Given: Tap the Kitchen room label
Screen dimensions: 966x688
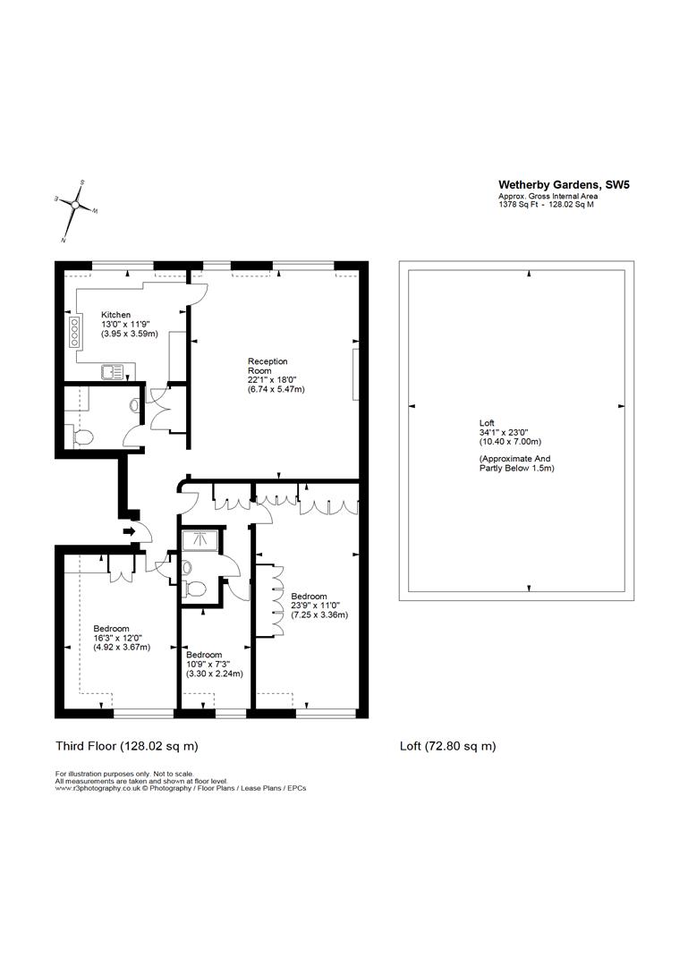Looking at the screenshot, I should coord(115,315).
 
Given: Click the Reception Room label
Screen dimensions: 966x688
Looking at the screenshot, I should coord(268,366).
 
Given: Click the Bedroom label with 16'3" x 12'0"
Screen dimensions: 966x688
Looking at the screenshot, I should coord(111,628).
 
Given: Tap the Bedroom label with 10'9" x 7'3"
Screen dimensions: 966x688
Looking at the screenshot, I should coord(204,655).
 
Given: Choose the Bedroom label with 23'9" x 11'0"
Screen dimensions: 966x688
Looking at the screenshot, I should coord(309,597).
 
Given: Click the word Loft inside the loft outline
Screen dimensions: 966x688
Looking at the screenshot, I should coord(487,423).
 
